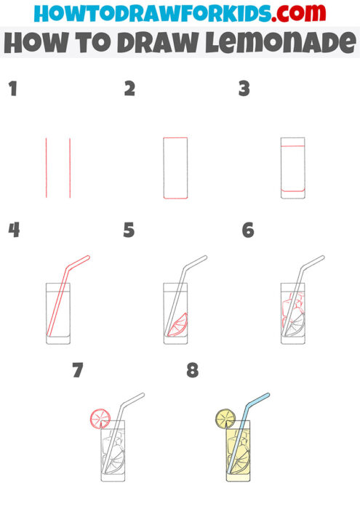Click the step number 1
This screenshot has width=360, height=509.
click(12, 89)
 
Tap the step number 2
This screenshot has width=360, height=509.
click(129, 89)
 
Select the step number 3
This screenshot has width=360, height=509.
click(244, 89)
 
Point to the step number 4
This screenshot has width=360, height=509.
click(14, 231)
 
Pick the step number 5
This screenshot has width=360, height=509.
click(129, 231)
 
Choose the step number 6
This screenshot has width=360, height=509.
click(247, 231)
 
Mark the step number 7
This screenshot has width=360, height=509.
click(77, 370)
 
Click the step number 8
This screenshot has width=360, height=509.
click(192, 370)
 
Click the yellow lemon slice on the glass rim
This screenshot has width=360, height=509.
click(225, 418)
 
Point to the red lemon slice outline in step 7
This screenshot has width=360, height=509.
click(99, 417)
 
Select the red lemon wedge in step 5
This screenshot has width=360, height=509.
click(178, 324)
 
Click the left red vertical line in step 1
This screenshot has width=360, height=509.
click(47, 167)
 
